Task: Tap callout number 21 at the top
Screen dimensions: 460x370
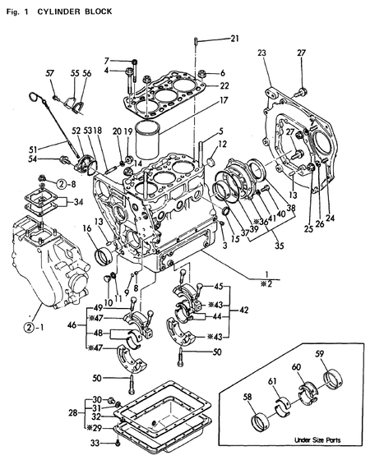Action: click(x=234, y=39)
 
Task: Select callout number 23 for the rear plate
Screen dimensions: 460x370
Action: click(x=262, y=53)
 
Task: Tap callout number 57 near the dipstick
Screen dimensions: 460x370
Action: click(x=51, y=73)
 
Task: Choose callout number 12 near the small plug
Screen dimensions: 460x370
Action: click(x=224, y=145)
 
